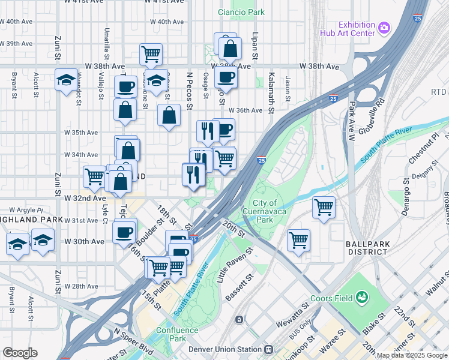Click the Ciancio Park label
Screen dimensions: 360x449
tap(241, 12)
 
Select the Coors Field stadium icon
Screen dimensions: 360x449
tap(361, 297)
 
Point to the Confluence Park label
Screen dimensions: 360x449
tap(177, 334)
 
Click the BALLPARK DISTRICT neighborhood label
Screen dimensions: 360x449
tap(367, 248)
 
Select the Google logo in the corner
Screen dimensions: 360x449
tap(20, 353)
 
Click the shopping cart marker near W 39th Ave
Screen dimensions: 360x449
tap(151, 54)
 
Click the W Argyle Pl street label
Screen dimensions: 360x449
tap(24, 210)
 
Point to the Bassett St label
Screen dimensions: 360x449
tap(238, 289)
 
